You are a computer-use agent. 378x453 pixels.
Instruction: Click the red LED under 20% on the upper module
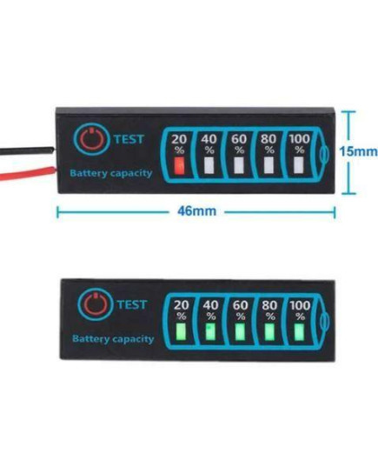coord(179,165)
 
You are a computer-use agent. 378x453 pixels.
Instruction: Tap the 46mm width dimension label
coord(196,211)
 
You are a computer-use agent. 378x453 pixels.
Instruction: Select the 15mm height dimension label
coord(358,151)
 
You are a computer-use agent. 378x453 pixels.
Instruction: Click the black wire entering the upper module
coord(27,150)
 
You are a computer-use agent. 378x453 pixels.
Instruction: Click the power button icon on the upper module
coord(91,138)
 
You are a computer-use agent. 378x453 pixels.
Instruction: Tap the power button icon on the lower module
coord(95,304)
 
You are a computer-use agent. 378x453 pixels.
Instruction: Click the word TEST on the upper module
coord(129,139)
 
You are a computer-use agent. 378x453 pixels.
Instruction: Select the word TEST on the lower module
coord(132,304)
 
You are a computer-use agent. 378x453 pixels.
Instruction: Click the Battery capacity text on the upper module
coord(111,173)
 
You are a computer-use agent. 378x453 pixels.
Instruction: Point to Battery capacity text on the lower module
coord(113,338)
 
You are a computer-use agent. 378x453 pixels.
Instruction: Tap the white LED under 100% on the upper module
coord(299,165)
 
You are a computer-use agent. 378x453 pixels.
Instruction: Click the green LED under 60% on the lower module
coord(240,331)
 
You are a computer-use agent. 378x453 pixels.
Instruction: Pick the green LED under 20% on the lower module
coord(181,331)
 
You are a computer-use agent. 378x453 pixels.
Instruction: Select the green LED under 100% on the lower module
coord(299,331)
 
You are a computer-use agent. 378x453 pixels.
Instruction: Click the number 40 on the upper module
coord(209,139)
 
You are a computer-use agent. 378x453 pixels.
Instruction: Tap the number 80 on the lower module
coord(269,305)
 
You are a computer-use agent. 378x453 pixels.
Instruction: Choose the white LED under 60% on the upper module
coord(239,165)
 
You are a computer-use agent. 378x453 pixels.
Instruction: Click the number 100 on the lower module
coord(300,305)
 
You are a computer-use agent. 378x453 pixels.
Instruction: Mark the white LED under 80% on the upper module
coord(269,165)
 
